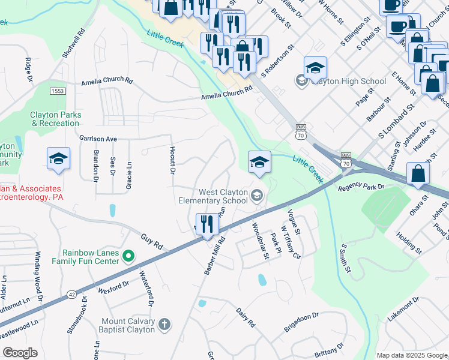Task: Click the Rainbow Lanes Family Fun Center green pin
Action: tap(128, 257)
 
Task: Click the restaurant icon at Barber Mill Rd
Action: tap(207, 225)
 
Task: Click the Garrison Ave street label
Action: tap(98, 138)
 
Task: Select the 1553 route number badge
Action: tap(58, 91)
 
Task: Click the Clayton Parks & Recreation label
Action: tap(55, 119)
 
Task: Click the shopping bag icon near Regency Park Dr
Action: tap(418, 174)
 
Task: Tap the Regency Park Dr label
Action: tap(360, 187)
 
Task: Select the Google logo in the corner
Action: tap(20, 353)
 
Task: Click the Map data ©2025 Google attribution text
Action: tap(411, 355)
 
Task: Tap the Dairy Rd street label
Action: tap(246, 317)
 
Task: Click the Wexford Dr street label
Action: tap(114, 286)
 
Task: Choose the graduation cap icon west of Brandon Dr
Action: tap(59, 159)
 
